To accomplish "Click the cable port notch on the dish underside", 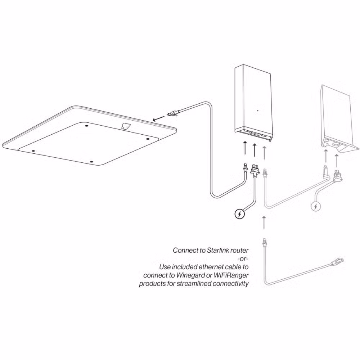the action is [x=125, y=126].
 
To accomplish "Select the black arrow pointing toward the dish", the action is [x=159, y=118].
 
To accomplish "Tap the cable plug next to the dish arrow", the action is [x=172, y=113].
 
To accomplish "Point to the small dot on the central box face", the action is [x=258, y=111].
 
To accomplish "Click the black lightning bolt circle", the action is [x=240, y=214].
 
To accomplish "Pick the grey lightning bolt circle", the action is [x=316, y=207].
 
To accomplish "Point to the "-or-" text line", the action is [x=243, y=259].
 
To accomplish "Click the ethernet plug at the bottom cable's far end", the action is [x=337, y=262].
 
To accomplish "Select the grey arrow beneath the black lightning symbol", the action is [x=264, y=223].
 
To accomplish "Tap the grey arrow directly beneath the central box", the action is [x=265, y=153].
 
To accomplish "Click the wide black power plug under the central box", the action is [x=255, y=170].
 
